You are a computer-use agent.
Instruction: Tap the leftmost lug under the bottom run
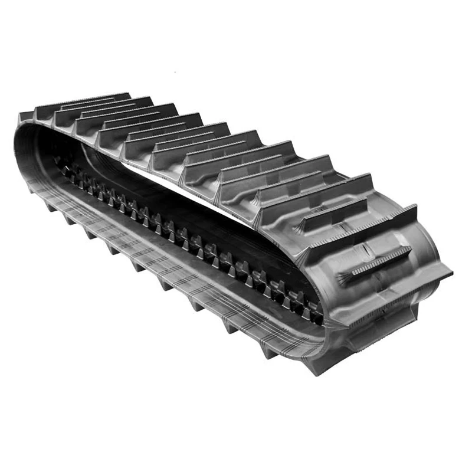click(x=32, y=189)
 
